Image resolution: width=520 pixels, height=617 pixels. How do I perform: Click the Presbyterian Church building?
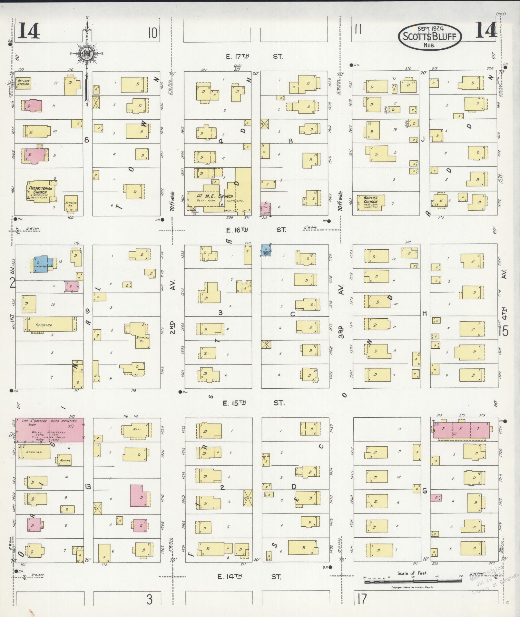(41, 193)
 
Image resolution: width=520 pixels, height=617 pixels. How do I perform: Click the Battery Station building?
(23, 83)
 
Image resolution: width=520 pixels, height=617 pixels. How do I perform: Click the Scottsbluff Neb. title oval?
(430, 36)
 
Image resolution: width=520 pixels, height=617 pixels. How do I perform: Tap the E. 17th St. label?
(255, 57)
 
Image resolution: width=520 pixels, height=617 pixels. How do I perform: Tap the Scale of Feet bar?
(413, 581)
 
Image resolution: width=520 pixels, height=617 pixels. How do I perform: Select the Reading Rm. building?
(71, 204)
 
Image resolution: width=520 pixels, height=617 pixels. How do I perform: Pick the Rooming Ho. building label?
(142, 339)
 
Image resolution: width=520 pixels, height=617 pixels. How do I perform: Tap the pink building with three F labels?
(461, 431)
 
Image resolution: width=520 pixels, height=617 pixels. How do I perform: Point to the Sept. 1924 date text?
(430, 29)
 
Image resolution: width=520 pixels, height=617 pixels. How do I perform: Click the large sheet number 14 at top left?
(29, 31)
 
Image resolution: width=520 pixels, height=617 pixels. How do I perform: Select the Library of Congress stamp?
(495, 584)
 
